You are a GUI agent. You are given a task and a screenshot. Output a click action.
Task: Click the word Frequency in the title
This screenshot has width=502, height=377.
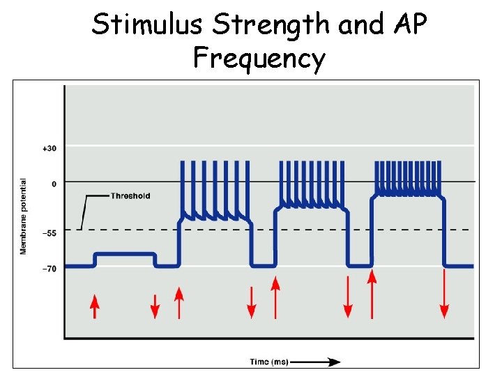259,58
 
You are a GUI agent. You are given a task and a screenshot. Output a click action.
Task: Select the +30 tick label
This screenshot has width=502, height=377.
49,148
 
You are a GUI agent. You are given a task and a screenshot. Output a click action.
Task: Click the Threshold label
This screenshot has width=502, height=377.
130,195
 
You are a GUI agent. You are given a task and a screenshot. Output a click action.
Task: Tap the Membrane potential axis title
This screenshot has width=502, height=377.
23,216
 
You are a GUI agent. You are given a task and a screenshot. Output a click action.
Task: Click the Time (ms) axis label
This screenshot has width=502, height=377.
269,362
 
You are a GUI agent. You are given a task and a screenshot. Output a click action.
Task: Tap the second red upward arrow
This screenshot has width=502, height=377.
179,303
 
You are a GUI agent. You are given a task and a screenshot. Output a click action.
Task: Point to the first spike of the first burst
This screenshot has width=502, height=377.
183,188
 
